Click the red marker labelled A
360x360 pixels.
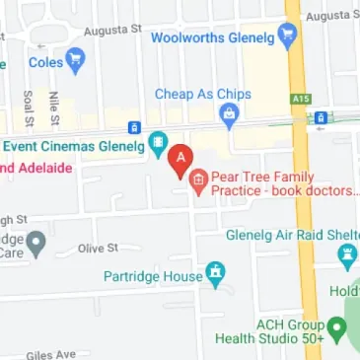tap(179, 158)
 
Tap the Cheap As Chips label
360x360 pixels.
tap(203, 94)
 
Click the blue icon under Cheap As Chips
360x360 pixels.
tap(230, 117)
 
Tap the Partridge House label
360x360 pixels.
tap(152, 276)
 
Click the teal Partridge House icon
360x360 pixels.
tap(215, 273)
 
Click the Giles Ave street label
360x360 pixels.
tap(51, 353)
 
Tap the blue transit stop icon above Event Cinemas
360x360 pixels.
tap(135, 127)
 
